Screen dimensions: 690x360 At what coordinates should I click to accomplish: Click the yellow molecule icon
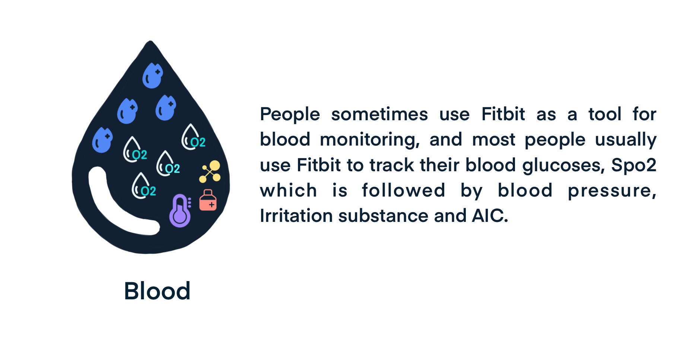click(210, 172)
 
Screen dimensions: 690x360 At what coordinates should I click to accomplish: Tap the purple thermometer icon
click(180, 211)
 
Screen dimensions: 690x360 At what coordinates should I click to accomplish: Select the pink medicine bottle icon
click(208, 200)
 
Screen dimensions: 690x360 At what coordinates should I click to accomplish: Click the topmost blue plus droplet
click(152, 75)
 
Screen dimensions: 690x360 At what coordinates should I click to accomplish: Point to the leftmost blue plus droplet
click(102, 140)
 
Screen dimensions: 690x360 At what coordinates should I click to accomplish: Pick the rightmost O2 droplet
click(193, 137)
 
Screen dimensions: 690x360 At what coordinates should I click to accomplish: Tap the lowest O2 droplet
click(143, 186)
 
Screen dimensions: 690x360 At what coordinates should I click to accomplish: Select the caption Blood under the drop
click(157, 291)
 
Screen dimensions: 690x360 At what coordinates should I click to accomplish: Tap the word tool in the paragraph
click(605, 114)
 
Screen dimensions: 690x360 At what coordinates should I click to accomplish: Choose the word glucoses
click(564, 165)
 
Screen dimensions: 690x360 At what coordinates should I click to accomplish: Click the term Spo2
click(634, 165)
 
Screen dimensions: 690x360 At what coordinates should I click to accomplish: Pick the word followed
click(404, 191)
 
